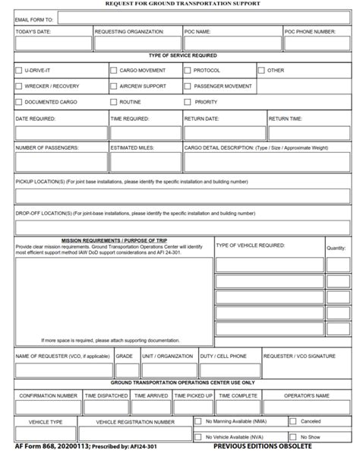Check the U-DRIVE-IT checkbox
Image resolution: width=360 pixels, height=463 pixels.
point(19,70)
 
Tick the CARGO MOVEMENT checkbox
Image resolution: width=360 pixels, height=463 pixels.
point(114,70)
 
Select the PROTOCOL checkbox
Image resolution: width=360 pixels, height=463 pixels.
point(188,70)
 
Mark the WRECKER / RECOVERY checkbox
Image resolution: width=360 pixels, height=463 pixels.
point(19,86)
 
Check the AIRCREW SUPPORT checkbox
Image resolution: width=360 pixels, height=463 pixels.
point(114,86)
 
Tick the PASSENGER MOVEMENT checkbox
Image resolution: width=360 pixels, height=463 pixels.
point(188,86)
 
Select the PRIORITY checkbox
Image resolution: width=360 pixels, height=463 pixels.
point(188,102)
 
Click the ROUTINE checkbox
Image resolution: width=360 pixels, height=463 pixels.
point(114,102)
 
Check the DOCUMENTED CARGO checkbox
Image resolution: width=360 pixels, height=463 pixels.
point(19,102)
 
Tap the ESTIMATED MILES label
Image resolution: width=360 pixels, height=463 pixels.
point(132,147)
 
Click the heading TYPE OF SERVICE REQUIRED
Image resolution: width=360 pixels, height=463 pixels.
point(182,55)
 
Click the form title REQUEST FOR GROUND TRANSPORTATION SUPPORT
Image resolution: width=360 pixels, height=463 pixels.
point(182,4)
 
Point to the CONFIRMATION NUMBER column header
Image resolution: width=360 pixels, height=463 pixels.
point(48,396)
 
